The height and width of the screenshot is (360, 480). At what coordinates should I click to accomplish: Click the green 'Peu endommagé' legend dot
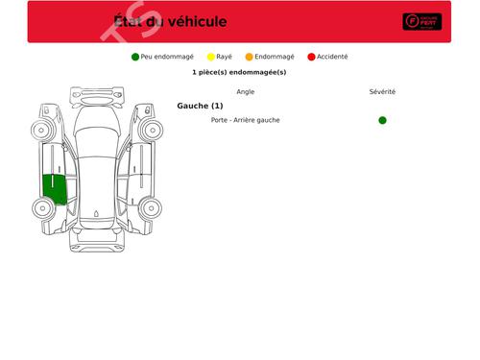click(135, 57)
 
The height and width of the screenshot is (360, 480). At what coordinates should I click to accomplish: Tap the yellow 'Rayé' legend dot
click(211, 57)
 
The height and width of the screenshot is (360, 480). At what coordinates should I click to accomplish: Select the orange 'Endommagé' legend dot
click(250, 57)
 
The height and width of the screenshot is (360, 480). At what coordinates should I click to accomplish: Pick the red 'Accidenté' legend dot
click(312, 57)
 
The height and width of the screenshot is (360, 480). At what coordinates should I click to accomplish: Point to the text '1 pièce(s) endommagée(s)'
click(239, 72)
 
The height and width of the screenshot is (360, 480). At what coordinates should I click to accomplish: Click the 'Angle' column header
click(246, 92)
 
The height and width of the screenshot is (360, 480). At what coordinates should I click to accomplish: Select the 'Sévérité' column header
click(382, 92)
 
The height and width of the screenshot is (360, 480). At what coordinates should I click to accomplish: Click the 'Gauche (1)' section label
click(200, 106)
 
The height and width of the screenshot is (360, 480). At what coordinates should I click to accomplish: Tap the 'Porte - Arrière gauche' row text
click(246, 120)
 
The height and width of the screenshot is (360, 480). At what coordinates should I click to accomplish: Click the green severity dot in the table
click(382, 120)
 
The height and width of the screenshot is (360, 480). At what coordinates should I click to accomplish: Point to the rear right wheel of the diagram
click(151, 206)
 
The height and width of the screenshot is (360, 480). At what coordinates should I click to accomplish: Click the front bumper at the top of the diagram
click(97, 94)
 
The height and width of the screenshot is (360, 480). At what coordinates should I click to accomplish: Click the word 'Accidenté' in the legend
click(332, 57)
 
